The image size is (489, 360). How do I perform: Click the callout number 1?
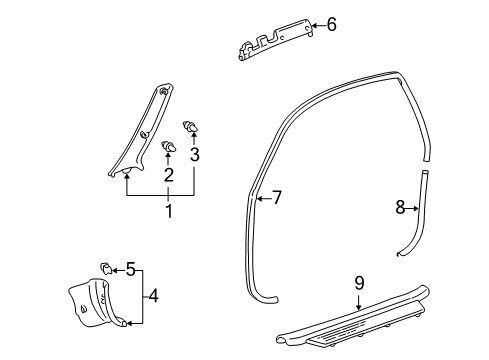pos(169,211)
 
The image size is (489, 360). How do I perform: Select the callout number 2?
pos(169,175)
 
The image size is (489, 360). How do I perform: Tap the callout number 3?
pos(195,154)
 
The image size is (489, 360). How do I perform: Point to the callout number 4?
pos(153,296)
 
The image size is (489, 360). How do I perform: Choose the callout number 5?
pos(131,269)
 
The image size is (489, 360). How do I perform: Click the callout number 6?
pos(331,24)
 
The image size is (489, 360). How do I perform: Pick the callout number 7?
pos(277,198)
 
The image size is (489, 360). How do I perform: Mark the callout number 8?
pos(400,207)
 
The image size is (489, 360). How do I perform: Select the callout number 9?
pos(359,283)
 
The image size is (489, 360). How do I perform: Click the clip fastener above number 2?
pos(169,146)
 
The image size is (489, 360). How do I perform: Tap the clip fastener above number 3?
pos(190,127)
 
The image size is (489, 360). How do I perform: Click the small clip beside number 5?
pos(106,268)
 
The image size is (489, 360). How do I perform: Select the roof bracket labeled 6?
pos(275,40)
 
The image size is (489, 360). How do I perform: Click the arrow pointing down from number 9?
pos(359,301)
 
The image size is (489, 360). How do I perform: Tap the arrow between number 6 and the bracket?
pos(318,25)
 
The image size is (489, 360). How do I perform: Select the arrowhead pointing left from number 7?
pos(259,199)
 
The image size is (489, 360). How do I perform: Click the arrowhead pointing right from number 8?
pos(416,209)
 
